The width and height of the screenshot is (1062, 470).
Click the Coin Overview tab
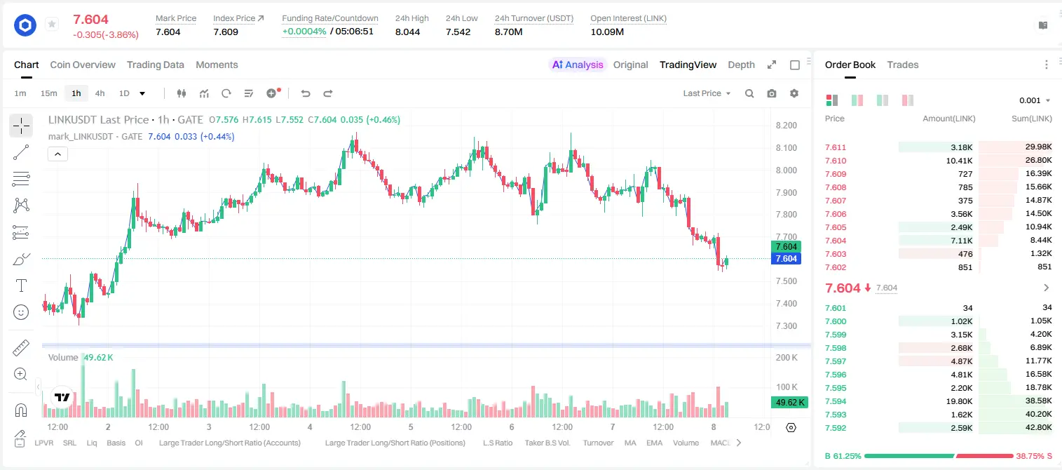point(83,65)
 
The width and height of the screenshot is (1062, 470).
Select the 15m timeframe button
point(48,93)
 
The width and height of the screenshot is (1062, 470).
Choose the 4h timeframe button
point(100,93)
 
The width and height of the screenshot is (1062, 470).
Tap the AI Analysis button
point(578,65)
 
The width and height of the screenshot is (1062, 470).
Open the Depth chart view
point(741,65)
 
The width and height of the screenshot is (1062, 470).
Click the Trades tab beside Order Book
point(903,65)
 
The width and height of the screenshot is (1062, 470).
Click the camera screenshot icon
point(772,93)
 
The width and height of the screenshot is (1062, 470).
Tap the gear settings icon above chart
point(794,93)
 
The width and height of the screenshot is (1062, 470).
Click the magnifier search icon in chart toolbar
point(749,93)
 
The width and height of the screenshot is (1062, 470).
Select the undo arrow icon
point(306,93)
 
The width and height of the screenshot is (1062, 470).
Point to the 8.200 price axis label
point(786,125)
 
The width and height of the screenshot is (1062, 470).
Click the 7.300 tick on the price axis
point(786,325)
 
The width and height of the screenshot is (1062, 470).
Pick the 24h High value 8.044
point(408,32)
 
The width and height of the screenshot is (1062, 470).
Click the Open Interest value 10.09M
point(607,32)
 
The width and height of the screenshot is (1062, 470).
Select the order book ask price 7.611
point(836,147)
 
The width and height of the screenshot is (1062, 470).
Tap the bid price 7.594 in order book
point(836,401)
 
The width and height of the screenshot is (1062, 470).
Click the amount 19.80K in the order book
point(959,401)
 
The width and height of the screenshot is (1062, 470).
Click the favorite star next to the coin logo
point(52,24)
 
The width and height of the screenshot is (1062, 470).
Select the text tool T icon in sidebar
point(21,286)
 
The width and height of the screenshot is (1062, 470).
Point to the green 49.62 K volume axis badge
point(789,402)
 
